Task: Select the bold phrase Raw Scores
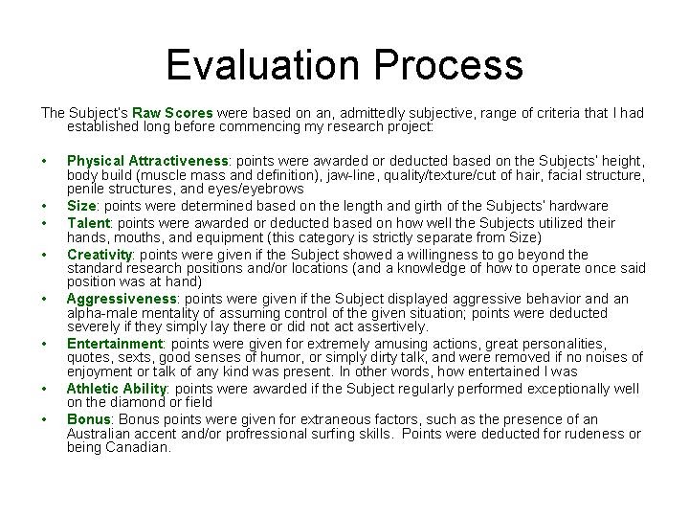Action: pyautogui.click(x=171, y=112)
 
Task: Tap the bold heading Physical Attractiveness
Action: pyautogui.click(x=147, y=161)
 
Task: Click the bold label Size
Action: pyautogui.click(x=81, y=205)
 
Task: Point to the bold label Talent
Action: pyautogui.click(x=88, y=222)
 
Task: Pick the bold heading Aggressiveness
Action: pyautogui.click(x=121, y=299)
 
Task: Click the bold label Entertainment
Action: pyautogui.click(x=114, y=344)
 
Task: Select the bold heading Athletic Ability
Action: pyautogui.click(x=117, y=388)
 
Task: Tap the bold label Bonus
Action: pyautogui.click(x=88, y=419)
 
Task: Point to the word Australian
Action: pyautogui.click(x=103, y=433)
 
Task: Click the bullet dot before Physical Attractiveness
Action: pyautogui.click(x=45, y=161)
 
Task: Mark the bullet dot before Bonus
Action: pyautogui.click(x=45, y=419)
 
